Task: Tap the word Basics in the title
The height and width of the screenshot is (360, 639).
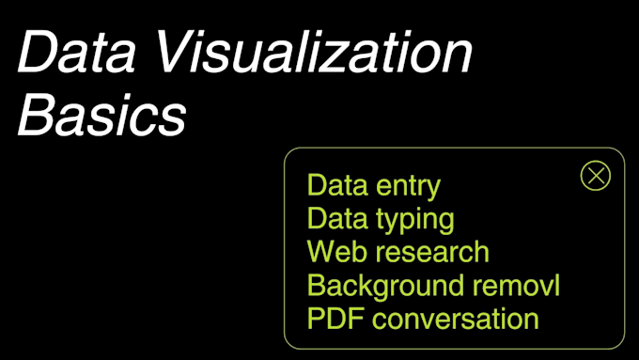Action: click(x=101, y=117)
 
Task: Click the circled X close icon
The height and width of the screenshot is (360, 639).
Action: click(x=595, y=176)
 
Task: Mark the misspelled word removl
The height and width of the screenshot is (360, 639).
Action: click(x=516, y=285)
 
